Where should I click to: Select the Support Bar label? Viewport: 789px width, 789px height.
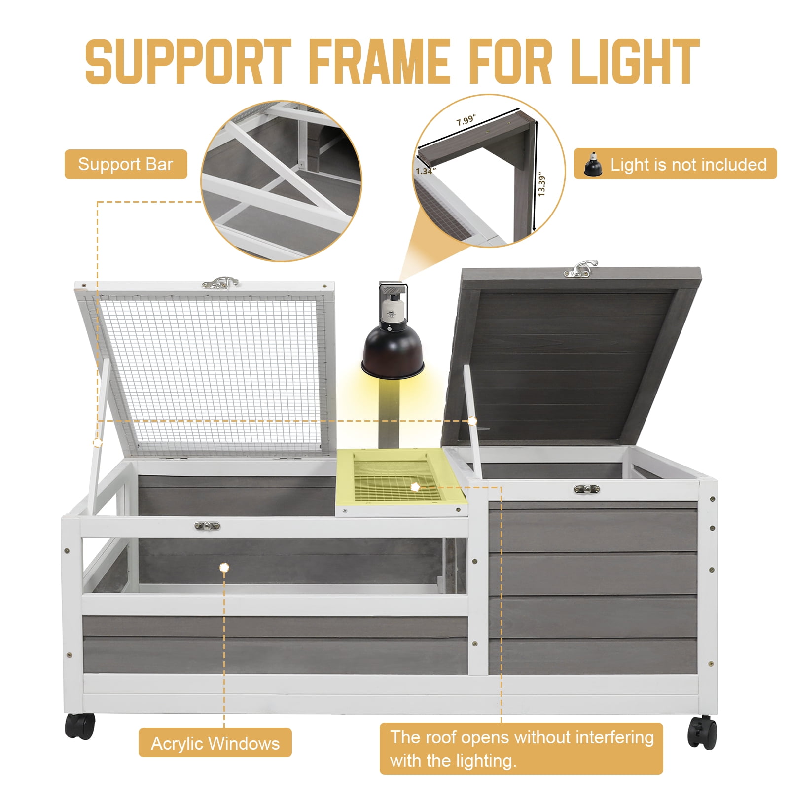click(126, 164)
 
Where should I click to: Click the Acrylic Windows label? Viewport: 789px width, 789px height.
click(215, 743)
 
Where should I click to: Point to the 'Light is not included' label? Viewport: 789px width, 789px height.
click(676, 164)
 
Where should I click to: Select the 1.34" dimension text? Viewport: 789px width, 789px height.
click(425, 171)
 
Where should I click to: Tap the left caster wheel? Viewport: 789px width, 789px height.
click(80, 726)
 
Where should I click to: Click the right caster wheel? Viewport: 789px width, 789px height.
click(703, 732)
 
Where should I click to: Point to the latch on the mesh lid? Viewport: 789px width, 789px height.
click(220, 283)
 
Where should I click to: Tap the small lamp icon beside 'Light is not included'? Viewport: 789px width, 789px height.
click(593, 164)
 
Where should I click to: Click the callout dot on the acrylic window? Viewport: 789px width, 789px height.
click(224, 567)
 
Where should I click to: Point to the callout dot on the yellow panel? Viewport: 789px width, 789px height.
click(415, 487)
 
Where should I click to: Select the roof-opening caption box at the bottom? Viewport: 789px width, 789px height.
click(521, 749)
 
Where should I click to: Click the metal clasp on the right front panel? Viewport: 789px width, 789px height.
click(587, 489)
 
